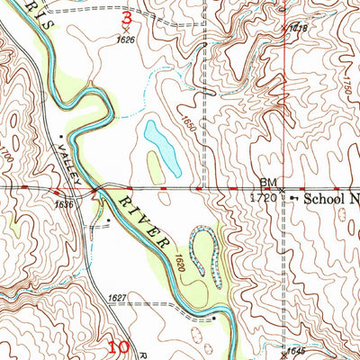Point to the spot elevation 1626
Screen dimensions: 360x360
coord(125,40)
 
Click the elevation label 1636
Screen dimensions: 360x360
coord(65,204)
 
